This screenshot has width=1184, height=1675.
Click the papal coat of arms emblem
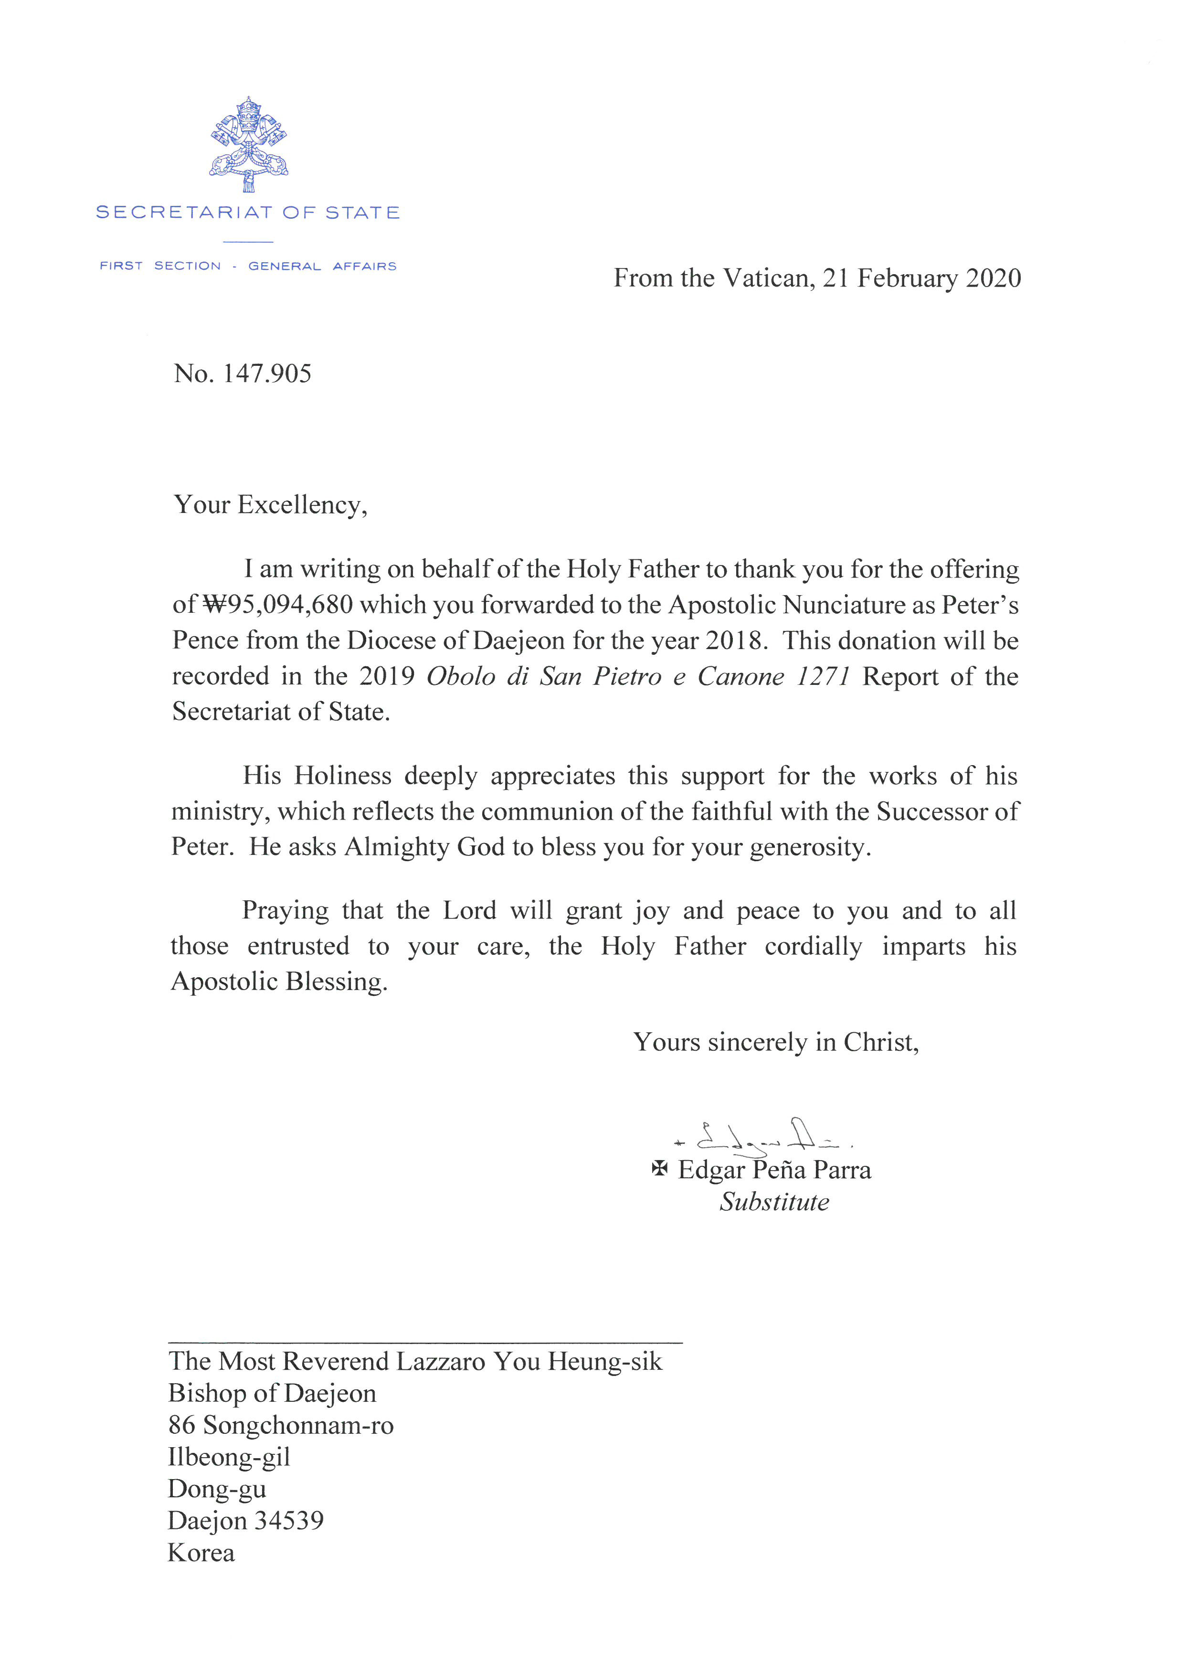(249, 145)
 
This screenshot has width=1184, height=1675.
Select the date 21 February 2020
(921, 278)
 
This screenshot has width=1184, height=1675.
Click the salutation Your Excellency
(270, 505)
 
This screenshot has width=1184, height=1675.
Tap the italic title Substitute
(774, 1202)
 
